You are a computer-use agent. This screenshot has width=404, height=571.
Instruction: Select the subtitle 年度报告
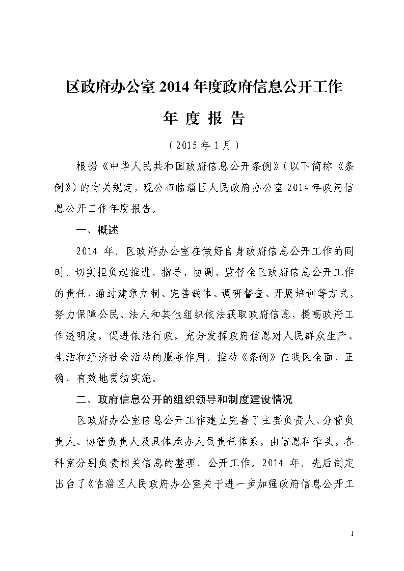click(203, 118)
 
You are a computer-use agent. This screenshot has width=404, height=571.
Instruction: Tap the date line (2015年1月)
click(203, 145)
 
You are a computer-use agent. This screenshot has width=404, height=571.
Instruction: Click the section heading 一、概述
click(97, 230)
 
